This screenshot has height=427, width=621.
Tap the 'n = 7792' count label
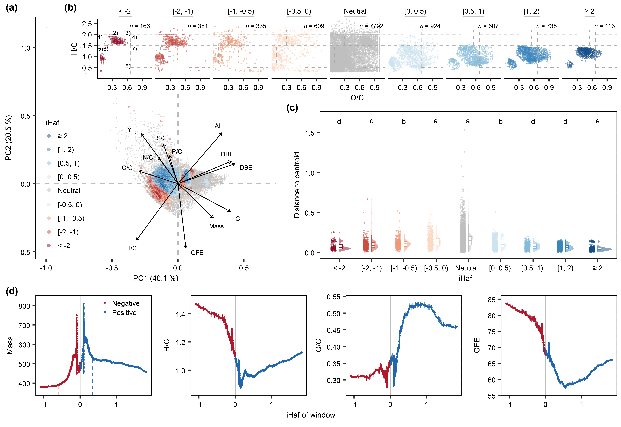point(371,26)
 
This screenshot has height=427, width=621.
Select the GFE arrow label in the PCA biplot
point(197,253)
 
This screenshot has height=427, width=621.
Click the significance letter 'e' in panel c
point(597,121)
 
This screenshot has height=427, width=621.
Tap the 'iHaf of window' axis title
point(311,415)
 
